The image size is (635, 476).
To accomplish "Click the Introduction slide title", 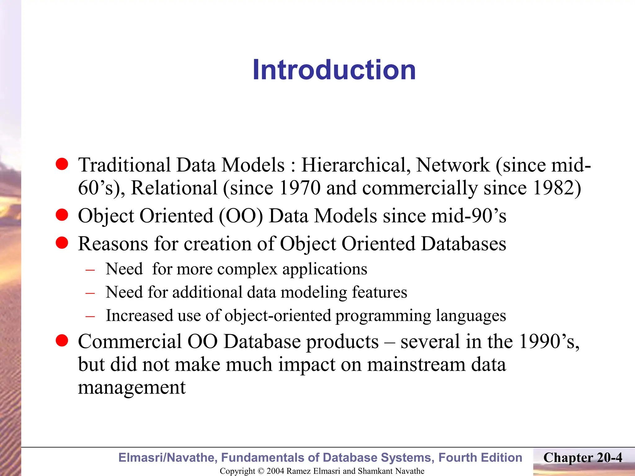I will (x=334, y=70).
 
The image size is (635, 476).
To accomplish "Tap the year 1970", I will (x=300, y=188).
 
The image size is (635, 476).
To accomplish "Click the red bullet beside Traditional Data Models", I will (x=62, y=164).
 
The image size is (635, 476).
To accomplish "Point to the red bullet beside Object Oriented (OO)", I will (x=62, y=215).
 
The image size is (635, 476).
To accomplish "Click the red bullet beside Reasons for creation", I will (x=62, y=243).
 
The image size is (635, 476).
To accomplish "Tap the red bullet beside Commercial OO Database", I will (x=62, y=341).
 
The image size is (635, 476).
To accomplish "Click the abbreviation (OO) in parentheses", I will (x=241, y=216).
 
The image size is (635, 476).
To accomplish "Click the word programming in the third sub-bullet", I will (x=383, y=316).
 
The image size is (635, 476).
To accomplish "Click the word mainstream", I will (x=416, y=364).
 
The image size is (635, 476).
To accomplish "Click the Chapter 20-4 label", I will (x=583, y=458).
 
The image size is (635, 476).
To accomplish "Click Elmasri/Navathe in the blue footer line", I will (x=167, y=458).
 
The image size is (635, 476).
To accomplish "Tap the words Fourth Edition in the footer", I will (x=480, y=458).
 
